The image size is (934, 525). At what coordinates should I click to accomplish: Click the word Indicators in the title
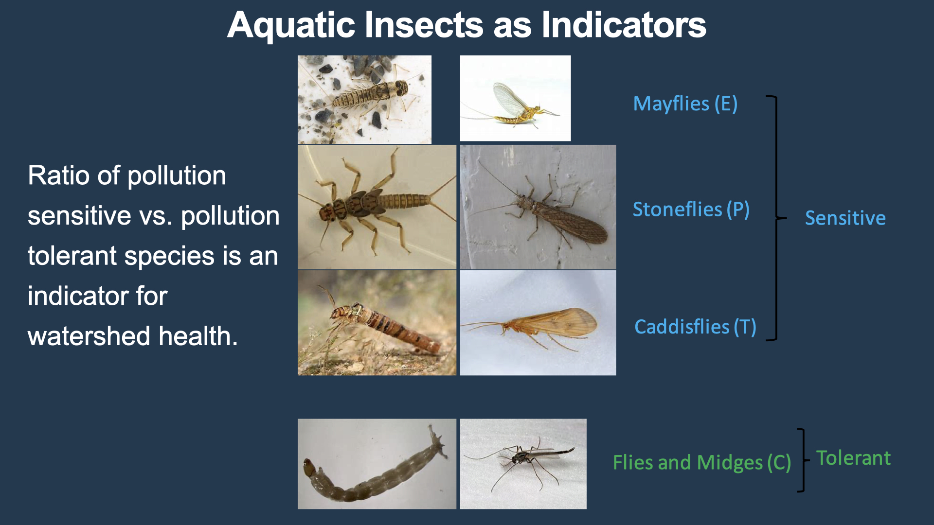tap(624, 25)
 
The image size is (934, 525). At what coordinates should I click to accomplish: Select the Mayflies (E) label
tap(685, 104)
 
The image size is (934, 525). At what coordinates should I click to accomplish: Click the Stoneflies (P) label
tap(691, 210)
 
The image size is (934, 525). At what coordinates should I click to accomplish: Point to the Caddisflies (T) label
tap(695, 327)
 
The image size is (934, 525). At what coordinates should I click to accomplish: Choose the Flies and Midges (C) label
tap(702, 463)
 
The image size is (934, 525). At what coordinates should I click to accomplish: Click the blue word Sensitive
tap(845, 218)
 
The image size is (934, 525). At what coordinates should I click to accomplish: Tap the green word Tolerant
tap(853, 458)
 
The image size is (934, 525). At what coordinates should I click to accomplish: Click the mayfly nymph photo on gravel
tap(364, 100)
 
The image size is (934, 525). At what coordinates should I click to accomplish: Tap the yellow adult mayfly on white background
tap(515, 98)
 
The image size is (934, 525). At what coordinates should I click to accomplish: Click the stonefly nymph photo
tap(377, 207)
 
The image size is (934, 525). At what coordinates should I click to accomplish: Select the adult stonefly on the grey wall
tap(538, 207)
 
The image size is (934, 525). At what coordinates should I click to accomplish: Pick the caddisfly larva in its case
tap(377, 323)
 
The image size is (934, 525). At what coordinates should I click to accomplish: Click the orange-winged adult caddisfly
tap(538, 323)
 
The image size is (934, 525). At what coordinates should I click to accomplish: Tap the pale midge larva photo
tap(377, 464)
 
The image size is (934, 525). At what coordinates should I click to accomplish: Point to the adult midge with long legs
tap(523, 464)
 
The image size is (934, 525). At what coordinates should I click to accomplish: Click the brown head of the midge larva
tap(309, 467)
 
